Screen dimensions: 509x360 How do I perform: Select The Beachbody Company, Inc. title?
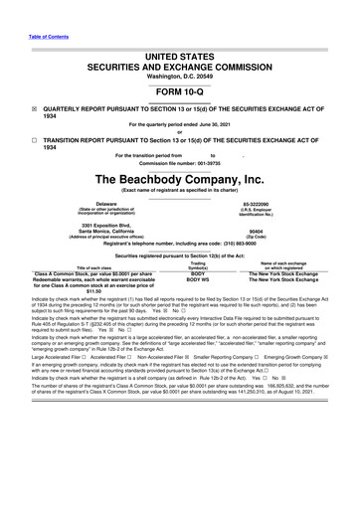179,179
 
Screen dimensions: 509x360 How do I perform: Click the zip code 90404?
269,233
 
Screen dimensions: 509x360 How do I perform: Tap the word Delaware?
91,203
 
